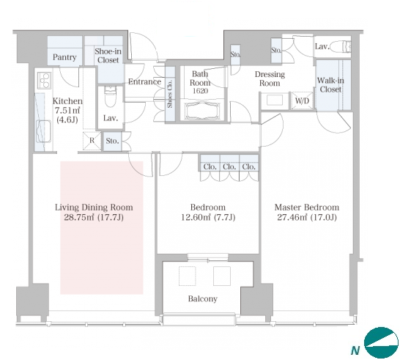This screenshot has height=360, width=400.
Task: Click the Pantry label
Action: click(x=64, y=57)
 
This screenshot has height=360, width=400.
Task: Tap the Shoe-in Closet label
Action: click(x=108, y=56)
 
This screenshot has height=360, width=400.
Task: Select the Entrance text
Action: click(x=144, y=81)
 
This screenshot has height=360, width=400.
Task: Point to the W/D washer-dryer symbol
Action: click(x=302, y=100)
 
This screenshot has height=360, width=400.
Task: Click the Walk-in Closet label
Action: click(x=330, y=85)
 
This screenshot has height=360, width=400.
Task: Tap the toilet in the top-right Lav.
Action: click(x=344, y=47)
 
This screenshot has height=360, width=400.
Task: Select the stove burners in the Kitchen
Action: click(x=45, y=80)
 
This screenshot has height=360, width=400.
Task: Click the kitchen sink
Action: click(x=44, y=131)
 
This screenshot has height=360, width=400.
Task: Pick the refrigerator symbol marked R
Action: click(x=92, y=141)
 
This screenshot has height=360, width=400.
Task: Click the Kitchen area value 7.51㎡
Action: click(x=67, y=111)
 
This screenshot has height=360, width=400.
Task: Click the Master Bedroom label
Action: click(x=307, y=207)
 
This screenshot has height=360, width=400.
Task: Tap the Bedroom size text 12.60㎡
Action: click(x=196, y=217)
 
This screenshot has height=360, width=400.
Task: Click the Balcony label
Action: click(x=203, y=298)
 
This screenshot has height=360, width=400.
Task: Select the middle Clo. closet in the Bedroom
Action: click(x=229, y=166)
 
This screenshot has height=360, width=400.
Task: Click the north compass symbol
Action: click(x=381, y=342)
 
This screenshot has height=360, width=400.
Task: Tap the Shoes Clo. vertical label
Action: click(x=170, y=93)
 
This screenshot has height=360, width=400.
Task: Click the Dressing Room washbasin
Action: click(x=275, y=100)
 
